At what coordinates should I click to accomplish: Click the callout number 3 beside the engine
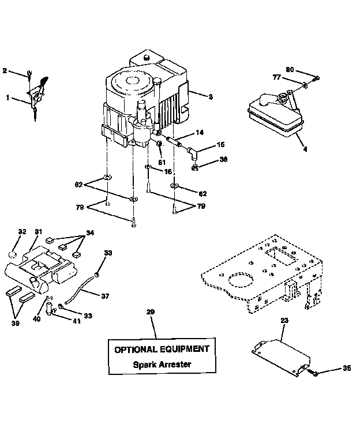(x=211, y=97)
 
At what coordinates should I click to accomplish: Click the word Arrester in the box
(x=171, y=365)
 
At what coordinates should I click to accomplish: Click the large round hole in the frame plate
(x=241, y=282)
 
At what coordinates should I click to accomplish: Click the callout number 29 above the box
(x=150, y=312)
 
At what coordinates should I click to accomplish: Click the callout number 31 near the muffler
(x=38, y=232)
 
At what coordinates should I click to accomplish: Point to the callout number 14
(x=200, y=133)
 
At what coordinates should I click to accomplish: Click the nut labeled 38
(x=196, y=168)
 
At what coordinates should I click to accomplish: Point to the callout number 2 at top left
(x=5, y=71)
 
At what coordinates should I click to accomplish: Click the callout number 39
(x=15, y=324)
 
